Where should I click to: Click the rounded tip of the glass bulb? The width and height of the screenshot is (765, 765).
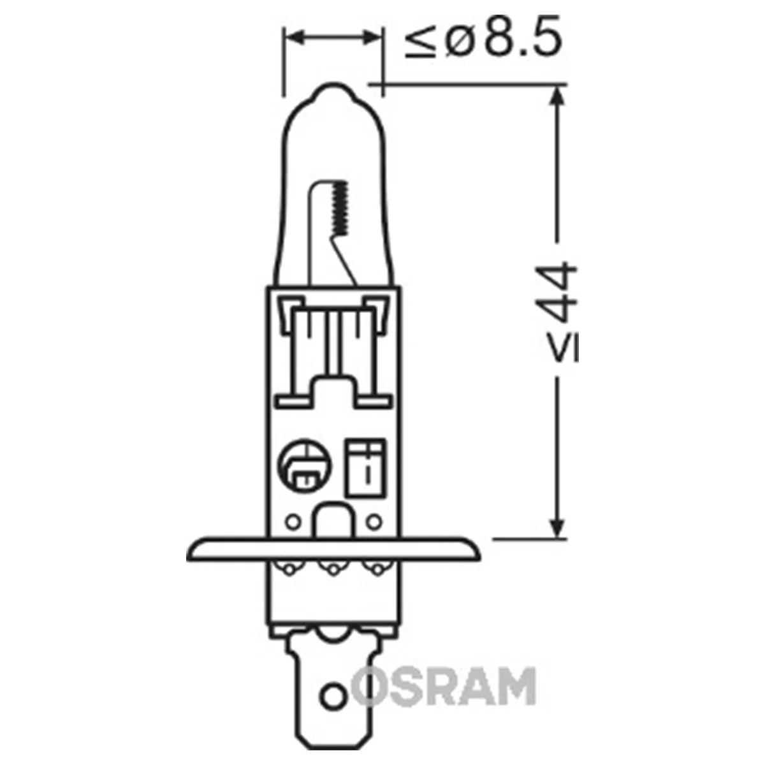tap(332, 92)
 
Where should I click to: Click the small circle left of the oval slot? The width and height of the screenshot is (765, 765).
tap(293, 522)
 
